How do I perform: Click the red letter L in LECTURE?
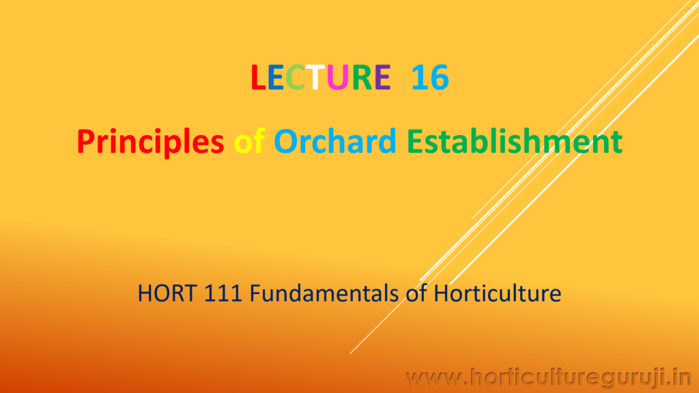click(x=259, y=77)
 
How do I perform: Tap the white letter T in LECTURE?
click(x=315, y=77)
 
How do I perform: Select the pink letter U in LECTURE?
click(x=337, y=78)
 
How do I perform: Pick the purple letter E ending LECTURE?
click(x=382, y=77)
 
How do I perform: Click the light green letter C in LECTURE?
click(x=295, y=77)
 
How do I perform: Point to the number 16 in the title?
click(x=430, y=78)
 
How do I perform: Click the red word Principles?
click(x=150, y=142)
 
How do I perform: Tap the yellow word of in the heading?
click(x=250, y=141)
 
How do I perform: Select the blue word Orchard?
click(x=335, y=141)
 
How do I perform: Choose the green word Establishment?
click(x=515, y=141)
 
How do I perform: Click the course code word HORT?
click(x=167, y=293)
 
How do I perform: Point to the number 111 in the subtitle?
click(x=223, y=293)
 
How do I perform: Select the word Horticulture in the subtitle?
click(x=497, y=293)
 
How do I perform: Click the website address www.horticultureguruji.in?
click(x=548, y=378)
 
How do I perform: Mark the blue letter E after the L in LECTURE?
click(x=276, y=77)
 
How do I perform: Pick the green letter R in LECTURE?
click(x=362, y=77)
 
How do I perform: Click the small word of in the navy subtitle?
click(x=416, y=293)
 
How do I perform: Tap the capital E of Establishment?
click(x=415, y=141)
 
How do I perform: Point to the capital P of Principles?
click(x=87, y=141)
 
